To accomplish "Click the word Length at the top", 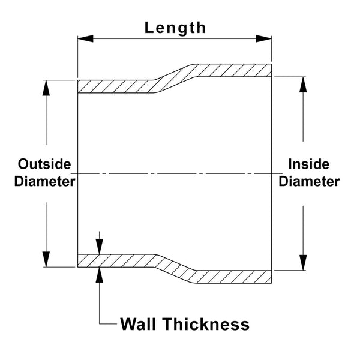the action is click(x=175, y=28).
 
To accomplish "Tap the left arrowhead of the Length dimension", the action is click(x=85, y=38).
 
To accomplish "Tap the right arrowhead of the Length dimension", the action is click(x=264, y=38).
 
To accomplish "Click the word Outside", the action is click(x=44, y=164).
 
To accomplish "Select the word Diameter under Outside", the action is click(x=44, y=181).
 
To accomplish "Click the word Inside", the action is click(x=309, y=164).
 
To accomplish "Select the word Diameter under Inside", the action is click(x=309, y=181).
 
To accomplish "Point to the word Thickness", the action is click(x=206, y=324).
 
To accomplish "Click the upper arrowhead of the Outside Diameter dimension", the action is click(x=46, y=88).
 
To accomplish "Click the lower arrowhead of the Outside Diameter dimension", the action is click(x=46, y=259).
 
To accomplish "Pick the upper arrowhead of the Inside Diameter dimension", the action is click(x=303, y=85).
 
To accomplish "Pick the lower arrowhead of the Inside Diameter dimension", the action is click(x=303, y=263).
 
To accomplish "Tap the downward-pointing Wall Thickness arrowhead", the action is click(x=99, y=247).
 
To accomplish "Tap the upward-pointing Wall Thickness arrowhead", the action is click(x=99, y=275).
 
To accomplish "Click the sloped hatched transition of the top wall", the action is click(x=175, y=78).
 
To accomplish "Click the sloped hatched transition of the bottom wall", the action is click(x=175, y=269).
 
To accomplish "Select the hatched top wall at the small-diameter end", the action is click(x=116, y=86).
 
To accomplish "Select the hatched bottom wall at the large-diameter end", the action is click(x=234, y=277).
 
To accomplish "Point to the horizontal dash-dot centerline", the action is click(x=176, y=173).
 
